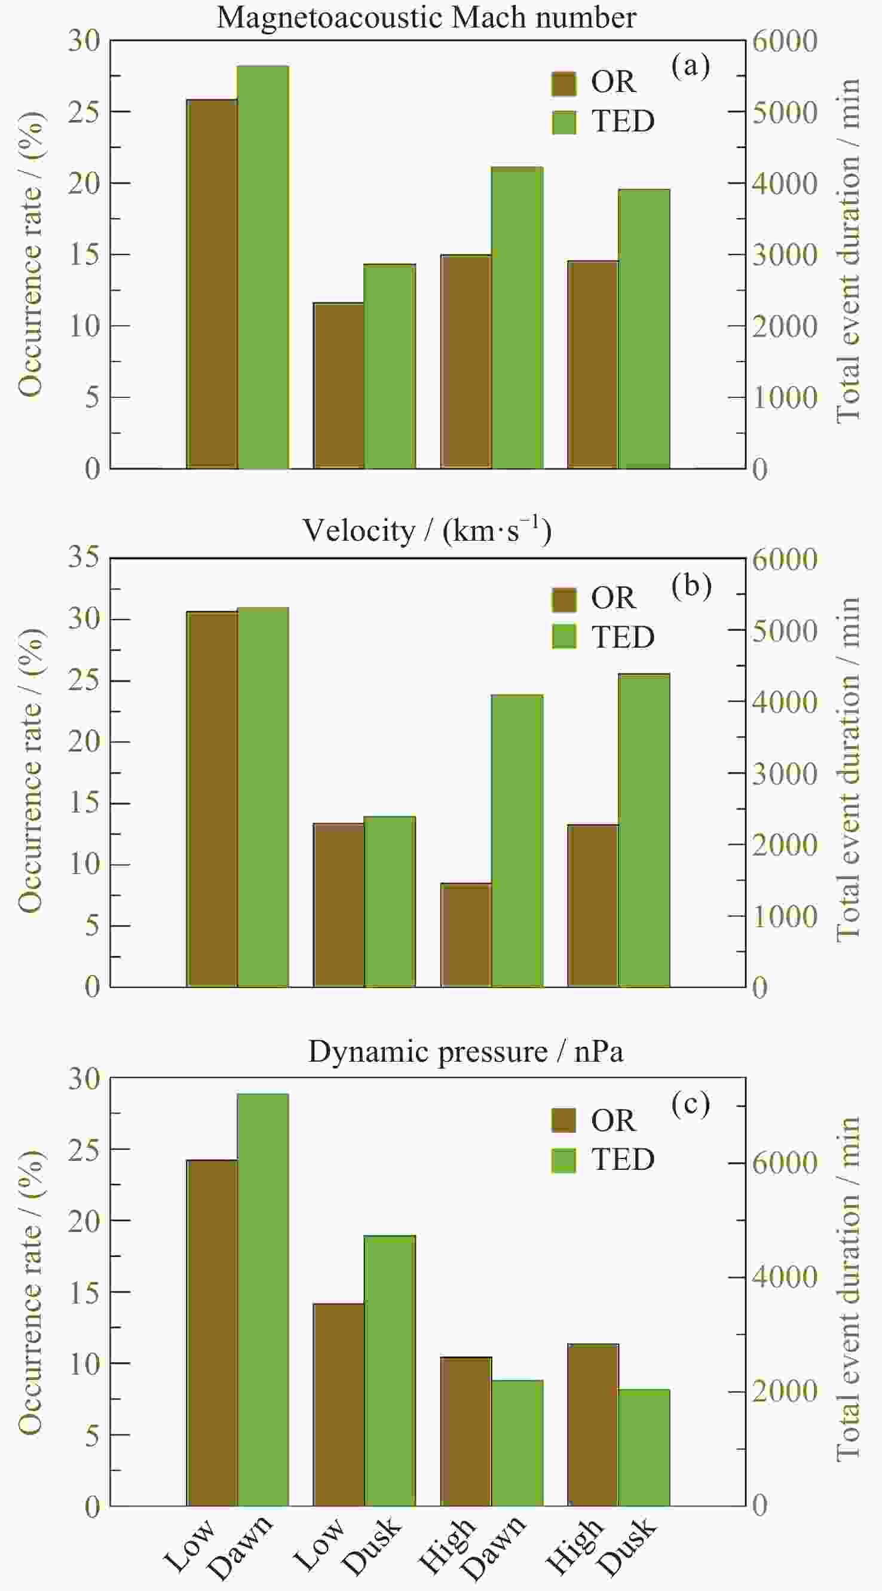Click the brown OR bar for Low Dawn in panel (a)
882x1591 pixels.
point(212,284)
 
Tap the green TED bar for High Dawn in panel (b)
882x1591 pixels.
point(517,841)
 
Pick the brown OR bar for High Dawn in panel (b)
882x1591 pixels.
point(465,935)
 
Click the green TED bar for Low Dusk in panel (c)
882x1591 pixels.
point(390,1371)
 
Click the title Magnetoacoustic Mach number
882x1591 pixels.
point(426,17)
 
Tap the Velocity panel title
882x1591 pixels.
point(426,531)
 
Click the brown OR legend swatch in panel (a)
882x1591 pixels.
point(563,84)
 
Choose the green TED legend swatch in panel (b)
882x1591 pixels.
point(563,636)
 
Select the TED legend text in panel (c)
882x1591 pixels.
point(623,1159)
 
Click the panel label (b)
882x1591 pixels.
point(691,585)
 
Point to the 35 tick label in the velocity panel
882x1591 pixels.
point(84,557)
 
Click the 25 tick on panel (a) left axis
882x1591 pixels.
point(84,112)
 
